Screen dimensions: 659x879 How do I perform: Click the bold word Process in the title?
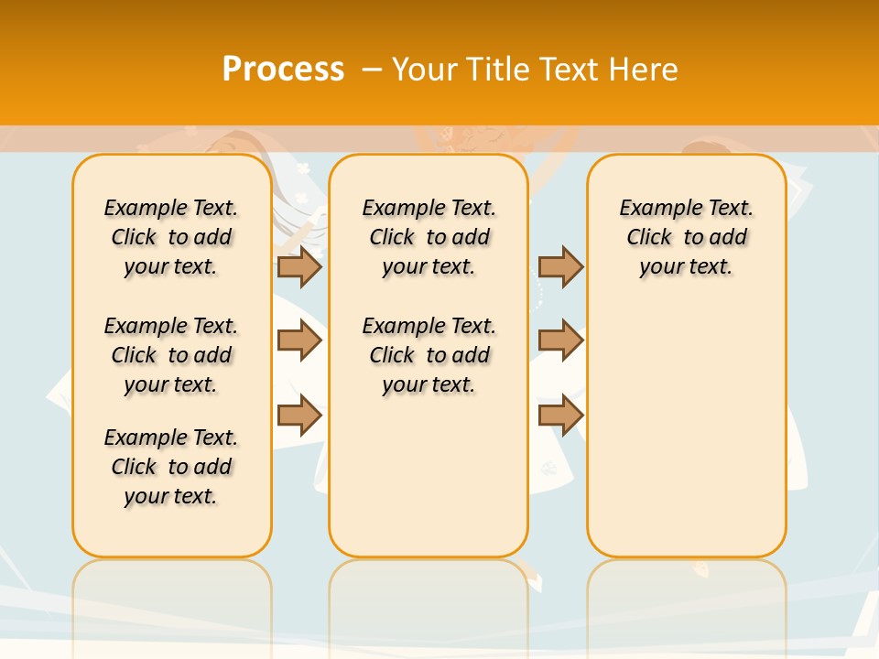coord(283,70)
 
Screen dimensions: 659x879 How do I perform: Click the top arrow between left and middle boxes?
coord(299,266)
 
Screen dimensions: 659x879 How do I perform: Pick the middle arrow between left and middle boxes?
coord(299,341)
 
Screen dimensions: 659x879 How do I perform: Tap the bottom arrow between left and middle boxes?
coord(299,416)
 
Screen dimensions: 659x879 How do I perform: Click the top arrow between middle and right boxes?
coord(560,266)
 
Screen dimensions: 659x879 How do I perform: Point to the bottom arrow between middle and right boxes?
coord(560,416)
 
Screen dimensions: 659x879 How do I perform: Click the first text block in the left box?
coord(171,237)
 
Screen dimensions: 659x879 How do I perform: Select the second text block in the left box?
coord(171,355)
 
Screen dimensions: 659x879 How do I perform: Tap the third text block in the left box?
coord(171,467)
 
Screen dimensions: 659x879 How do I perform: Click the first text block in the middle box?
coord(429,237)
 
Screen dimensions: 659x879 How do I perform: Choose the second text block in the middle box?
coord(429,355)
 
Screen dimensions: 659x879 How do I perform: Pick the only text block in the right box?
coord(687,237)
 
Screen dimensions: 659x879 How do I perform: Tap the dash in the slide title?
coord(372,70)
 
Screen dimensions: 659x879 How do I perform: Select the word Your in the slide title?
coord(425,70)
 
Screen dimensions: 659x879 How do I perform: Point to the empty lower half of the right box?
coord(687,439)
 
